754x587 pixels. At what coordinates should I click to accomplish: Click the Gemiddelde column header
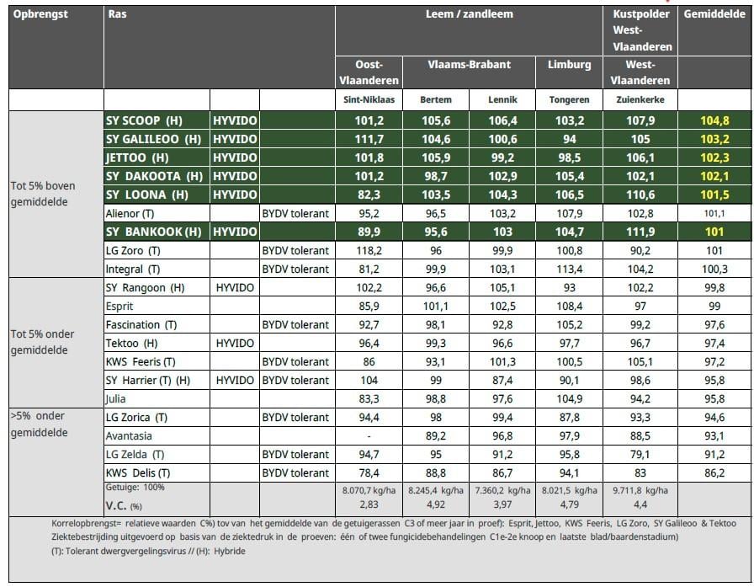tap(714, 14)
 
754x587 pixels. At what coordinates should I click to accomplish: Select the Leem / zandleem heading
tap(469, 14)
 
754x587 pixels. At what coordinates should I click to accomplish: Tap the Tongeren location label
tap(569, 99)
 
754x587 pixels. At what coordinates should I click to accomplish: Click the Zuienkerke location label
tap(640, 99)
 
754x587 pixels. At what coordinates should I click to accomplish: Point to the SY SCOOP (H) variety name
tap(144, 120)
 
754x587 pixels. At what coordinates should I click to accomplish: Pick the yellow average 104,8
tap(714, 120)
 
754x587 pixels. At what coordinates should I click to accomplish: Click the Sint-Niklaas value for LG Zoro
tap(369, 250)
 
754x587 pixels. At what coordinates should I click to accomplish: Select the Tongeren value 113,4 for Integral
tap(569, 269)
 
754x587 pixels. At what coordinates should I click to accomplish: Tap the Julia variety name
tap(116, 399)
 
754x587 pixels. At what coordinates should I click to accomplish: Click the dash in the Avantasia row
tap(369, 436)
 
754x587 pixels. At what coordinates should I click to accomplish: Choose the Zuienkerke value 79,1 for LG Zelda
tap(640, 454)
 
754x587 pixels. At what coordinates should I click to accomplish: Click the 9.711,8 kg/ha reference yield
tap(640, 491)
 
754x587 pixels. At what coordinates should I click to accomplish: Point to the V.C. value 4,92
tap(436, 504)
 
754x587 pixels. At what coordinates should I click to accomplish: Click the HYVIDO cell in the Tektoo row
tap(235, 343)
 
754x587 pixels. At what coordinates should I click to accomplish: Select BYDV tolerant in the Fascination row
tap(295, 325)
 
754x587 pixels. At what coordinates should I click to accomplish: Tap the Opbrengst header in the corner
tap(40, 14)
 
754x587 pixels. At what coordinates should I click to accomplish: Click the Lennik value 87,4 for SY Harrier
tap(502, 380)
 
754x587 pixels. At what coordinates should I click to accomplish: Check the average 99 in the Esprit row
tap(714, 306)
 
